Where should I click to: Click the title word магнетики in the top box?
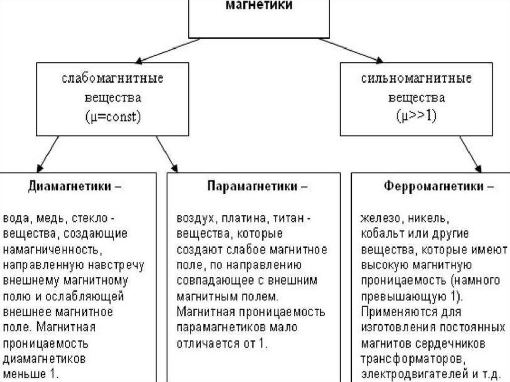pyautogui.click(x=259, y=6)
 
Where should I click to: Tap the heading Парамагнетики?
pyautogui.click(x=252, y=187)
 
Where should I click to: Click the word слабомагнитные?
pyautogui.click(x=113, y=79)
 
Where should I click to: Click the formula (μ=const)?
pyautogui.click(x=113, y=118)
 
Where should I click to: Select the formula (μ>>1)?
pyautogui.click(x=417, y=118)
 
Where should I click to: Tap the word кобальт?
pyautogui.click(x=381, y=234)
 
